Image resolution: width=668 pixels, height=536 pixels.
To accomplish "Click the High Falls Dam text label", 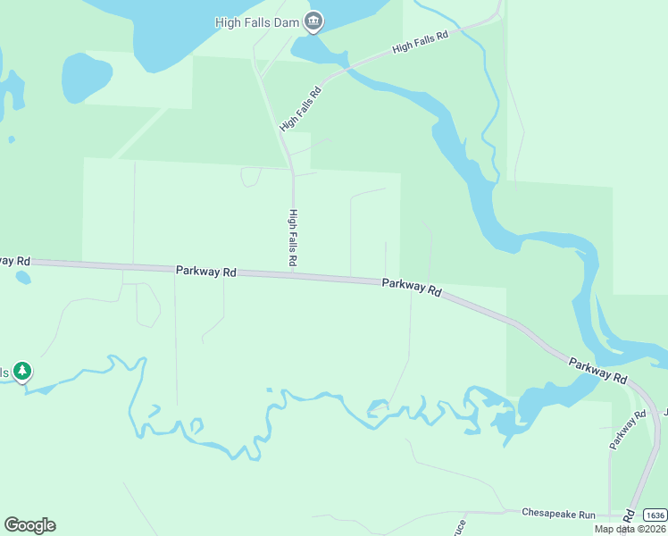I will [257, 21].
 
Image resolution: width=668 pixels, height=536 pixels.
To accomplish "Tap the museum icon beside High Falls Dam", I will [313, 21].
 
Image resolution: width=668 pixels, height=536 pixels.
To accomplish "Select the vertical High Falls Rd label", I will [292, 238].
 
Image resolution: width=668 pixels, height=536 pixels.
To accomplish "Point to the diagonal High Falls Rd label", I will [300, 109].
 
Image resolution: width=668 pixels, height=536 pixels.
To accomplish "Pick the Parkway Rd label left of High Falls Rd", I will [205, 271].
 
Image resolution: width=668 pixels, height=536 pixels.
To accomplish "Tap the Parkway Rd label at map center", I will [412, 287].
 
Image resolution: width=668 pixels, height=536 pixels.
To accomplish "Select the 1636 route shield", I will [655, 515].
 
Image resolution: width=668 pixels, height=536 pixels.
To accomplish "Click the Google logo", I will [29, 525].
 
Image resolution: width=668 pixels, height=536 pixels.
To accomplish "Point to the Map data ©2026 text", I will [630, 529].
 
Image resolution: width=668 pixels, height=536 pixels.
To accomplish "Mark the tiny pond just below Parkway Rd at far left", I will [23, 278].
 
